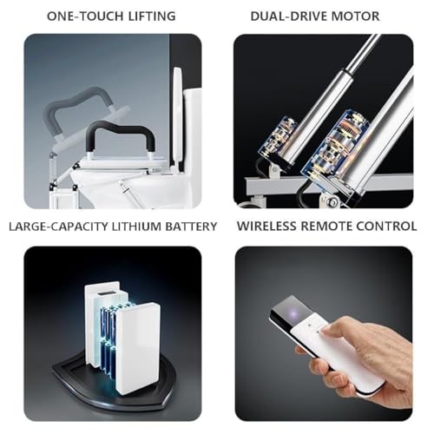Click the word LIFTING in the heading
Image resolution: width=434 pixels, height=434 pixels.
tap(152, 16)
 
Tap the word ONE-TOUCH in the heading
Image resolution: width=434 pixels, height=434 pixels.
tap(85, 16)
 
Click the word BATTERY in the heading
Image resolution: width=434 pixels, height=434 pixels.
tap(191, 227)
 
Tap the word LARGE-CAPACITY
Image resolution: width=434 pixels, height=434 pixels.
tap(58, 227)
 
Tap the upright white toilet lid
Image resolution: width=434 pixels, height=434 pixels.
tap(178, 119)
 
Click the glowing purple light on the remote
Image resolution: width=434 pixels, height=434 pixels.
tap(294, 313)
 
